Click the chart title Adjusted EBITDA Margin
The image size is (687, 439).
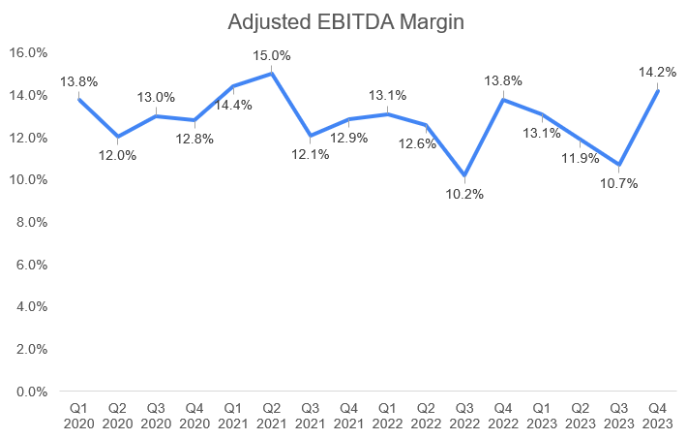(x=343, y=20)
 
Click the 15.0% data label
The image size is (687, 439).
(x=271, y=55)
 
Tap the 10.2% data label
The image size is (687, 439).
(x=464, y=194)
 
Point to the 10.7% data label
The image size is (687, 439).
(x=619, y=183)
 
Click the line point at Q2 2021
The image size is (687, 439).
(x=271, y=74)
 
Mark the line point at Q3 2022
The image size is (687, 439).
(x=464, y=176)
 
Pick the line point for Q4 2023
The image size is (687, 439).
(x=658, y=90)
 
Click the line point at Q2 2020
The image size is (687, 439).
(x=117, y=137)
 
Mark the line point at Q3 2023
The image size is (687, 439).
(x=619, y=165)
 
